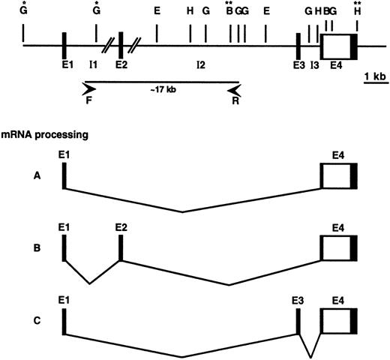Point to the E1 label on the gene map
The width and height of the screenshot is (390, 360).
click(x=67, y=64)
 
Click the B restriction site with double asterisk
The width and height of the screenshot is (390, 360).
click(x=229, y=11)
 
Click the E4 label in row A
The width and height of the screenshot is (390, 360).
click(x=337, y=154)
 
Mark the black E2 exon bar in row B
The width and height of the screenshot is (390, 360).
click(x=121, y=247)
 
